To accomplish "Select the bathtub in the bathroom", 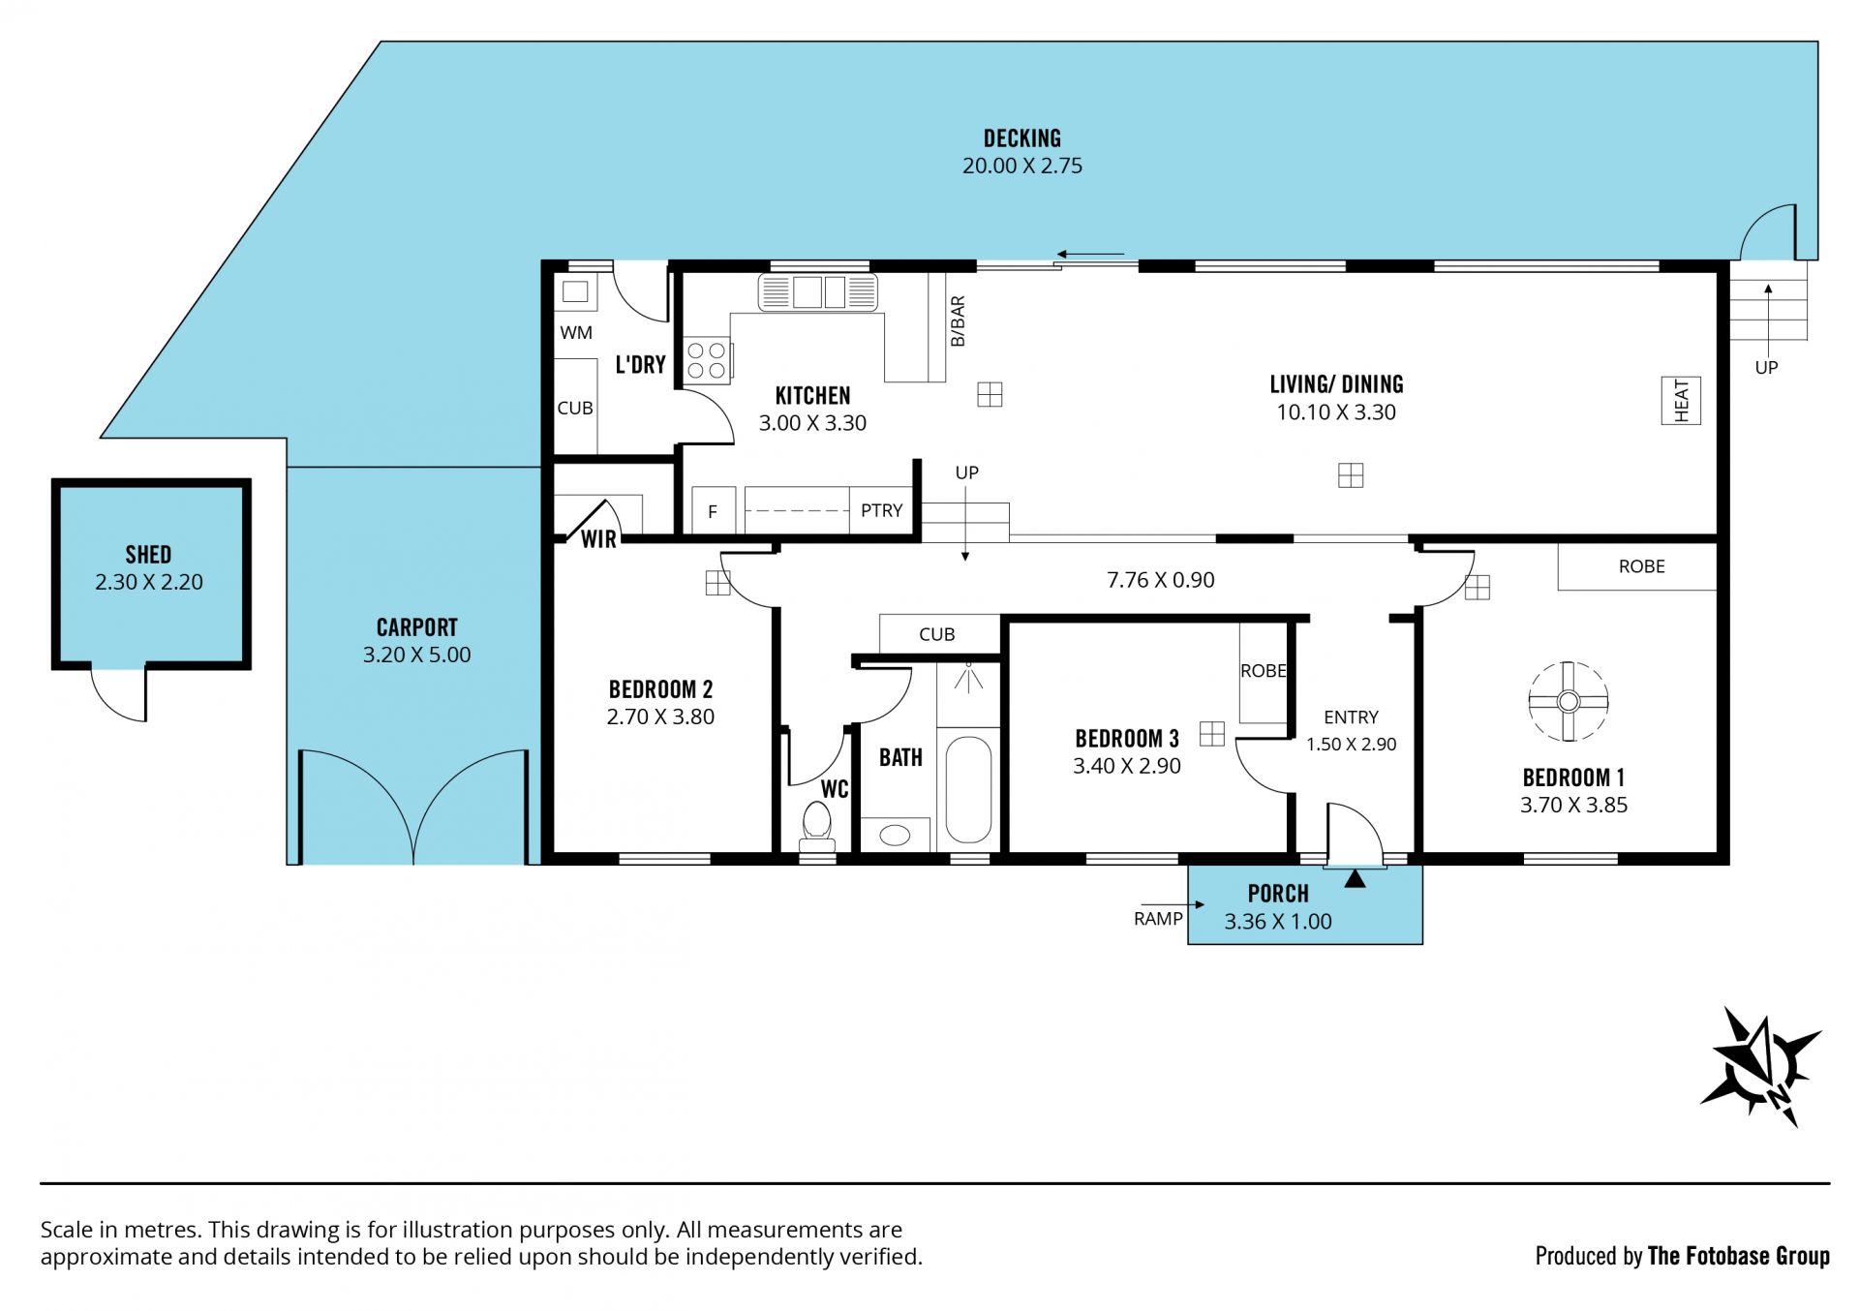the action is point(968,790).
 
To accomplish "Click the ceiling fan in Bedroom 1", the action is point(1569,702).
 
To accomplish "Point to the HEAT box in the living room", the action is point(1681,401).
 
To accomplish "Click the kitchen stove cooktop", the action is point(707,360).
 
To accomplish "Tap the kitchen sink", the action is point(818,291).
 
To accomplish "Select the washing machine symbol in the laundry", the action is point(575,291).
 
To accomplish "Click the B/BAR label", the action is point(958,321).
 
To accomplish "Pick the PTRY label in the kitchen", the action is point(881,510).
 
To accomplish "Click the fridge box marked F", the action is point(714,510).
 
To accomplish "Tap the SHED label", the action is point(148,555).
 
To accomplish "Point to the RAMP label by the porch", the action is point(1158,919).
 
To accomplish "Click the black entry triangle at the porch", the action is point(1356,878).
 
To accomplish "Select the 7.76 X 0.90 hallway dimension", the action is point(1161,580).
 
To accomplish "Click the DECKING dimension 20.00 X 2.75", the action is point(1022,166).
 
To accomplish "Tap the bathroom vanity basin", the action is point(895,835).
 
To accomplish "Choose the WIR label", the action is point(598,539).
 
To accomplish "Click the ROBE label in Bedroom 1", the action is point(1642,566).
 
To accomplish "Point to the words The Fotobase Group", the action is point(1739,1256).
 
